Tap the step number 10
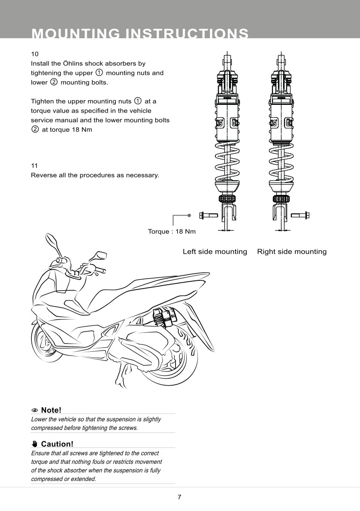[x=35, y=54]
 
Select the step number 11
[x=35, y=165]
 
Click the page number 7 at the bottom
[x=180, y=497]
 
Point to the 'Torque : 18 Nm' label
[x=172, y=231]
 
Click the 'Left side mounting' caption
[x=215, y=252]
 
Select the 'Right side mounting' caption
[x=291, y=252]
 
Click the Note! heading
[x=51, y=410]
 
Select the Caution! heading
[x=57, y=444]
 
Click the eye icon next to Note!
[x=35, y=411]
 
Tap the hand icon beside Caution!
[x=35, y=444]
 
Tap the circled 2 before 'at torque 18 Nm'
[x=35, y=130]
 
